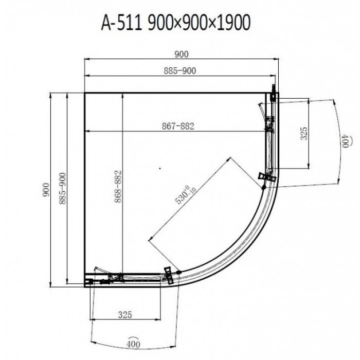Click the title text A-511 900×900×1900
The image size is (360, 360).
coord(176,23)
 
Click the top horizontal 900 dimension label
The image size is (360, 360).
coord(182,55)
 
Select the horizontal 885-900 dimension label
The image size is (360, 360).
coord(180,71)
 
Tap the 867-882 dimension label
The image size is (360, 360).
coord(178,126)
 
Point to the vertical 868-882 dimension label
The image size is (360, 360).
coord(118,186)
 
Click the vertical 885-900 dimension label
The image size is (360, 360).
coord(62,189)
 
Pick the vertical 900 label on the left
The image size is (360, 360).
coord(46,190)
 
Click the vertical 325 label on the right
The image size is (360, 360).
coord(303,133)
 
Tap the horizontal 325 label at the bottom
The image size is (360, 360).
coord(125,315)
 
